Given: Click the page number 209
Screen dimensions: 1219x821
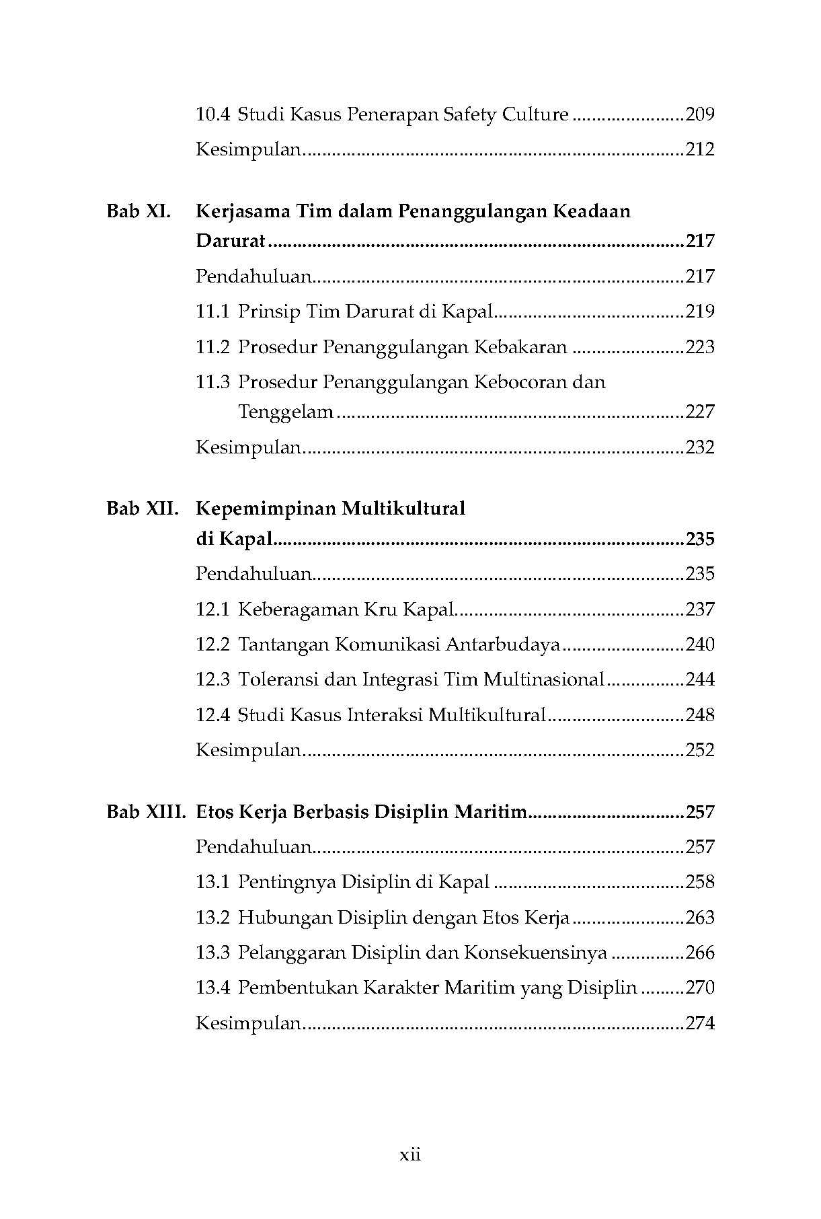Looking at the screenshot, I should coord(699,114).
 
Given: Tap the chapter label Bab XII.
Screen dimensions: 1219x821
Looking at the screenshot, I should coord(142,509).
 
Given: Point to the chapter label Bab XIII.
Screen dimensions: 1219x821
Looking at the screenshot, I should coord(145,812).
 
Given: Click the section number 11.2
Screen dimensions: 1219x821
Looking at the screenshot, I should coord(212,347).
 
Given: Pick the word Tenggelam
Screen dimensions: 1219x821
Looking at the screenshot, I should coord(286,412).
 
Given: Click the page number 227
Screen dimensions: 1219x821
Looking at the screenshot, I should coord(699,412).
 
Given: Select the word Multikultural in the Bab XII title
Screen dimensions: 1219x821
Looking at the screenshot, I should coord(403,509).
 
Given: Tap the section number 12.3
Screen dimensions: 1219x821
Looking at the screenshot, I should coord(212,679).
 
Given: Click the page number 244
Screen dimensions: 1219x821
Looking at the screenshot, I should coord(699,679).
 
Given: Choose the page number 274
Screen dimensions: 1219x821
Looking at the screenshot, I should coord(699,1024).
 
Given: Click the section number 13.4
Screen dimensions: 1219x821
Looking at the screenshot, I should coord(212,988).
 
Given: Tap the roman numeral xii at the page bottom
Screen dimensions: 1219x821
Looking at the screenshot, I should coord(410,1156).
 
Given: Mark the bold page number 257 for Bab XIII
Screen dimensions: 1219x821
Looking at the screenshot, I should coord(699,812).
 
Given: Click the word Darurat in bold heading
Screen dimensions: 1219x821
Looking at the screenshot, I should coord(231,241).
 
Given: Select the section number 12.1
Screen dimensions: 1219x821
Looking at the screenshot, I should coord(212,609).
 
